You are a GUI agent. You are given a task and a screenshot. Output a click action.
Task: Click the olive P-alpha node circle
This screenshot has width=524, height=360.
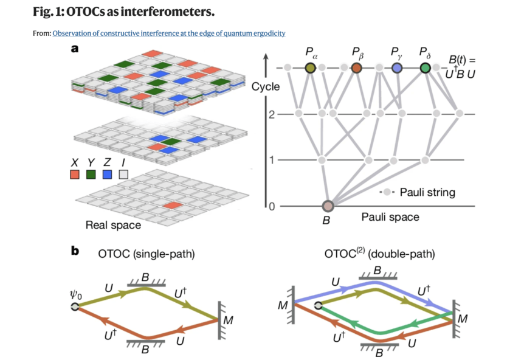click(x=311, y=68)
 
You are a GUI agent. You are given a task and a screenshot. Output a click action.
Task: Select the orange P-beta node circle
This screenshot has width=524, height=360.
click(x=357, y=68)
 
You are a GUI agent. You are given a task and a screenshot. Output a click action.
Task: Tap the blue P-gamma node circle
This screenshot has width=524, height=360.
click(x=396, y=68)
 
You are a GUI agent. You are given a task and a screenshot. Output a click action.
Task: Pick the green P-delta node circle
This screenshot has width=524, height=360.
click(x=426, y=68)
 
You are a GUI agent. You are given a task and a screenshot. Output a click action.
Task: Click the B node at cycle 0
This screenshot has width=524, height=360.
click(x=328, y=206)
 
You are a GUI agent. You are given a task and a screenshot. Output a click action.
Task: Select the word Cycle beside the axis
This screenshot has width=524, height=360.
click(x=266, y=86)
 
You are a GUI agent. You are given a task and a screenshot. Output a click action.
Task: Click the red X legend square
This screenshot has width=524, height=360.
click(x=75, y=175)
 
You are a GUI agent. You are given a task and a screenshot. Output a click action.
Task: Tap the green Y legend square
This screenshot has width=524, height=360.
click(x=91, y=175)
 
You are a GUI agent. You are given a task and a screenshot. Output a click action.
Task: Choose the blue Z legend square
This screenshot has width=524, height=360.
click(x=108, y=175)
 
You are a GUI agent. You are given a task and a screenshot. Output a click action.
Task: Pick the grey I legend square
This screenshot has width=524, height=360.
click(x=124, y=175)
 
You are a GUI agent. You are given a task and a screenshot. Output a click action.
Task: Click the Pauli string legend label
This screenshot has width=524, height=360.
click(x=427, y=193)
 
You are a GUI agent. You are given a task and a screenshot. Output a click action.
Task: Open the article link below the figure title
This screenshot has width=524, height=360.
click(x=169, y=33)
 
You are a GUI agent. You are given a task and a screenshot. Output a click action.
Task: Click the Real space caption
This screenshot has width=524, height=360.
click(x=113, y=225)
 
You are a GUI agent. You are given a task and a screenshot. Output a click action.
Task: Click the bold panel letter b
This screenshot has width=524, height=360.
click(x=75, y=249)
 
